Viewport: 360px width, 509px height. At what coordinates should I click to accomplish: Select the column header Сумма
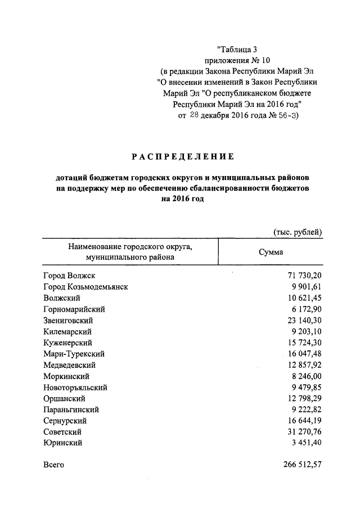coord(271,252)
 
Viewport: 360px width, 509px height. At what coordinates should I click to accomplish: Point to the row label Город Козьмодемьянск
coord(85,287)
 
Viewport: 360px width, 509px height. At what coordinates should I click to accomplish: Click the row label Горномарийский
coord(74,309)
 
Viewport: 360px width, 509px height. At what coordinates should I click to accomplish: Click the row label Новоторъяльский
coord(75,388)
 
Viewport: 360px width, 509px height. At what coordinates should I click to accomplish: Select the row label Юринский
coord(62,443)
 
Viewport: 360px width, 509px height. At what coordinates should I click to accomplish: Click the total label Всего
coord(53,465)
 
